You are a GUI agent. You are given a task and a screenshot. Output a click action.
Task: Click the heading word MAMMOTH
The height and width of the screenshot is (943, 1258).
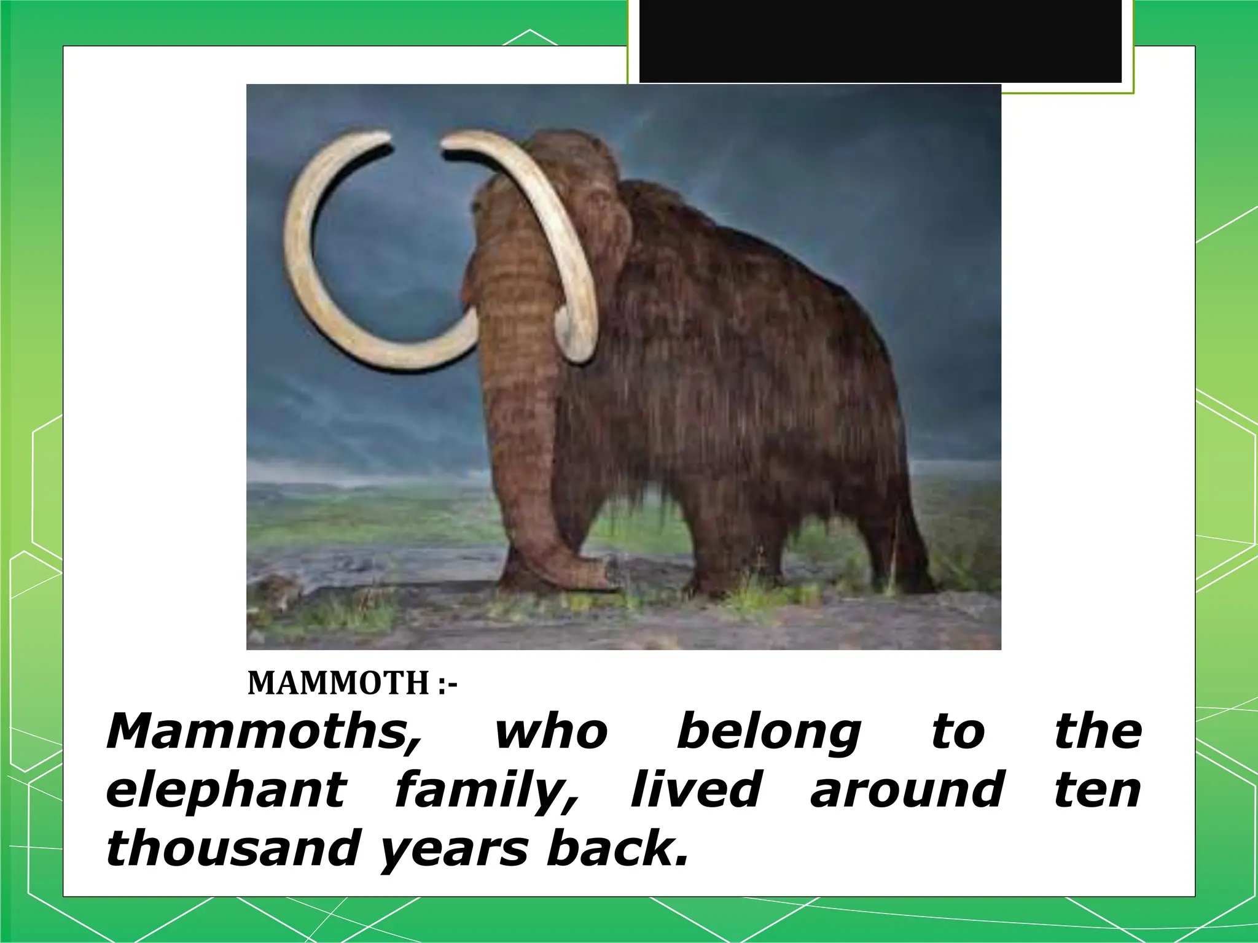338,683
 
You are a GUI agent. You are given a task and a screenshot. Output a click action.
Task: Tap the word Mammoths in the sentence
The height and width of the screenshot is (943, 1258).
265,732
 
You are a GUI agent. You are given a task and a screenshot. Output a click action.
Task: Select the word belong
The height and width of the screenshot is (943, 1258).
768,732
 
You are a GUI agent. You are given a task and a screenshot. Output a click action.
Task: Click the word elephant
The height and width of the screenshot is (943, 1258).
227,791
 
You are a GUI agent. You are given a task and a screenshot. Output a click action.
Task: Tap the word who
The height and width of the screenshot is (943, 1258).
551,732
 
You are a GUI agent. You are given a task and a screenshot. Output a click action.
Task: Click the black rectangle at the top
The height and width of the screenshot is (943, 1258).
880,41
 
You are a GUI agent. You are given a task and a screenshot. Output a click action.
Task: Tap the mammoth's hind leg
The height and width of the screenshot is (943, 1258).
903,540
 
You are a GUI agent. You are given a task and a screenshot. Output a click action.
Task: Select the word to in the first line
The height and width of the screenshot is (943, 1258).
958,732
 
